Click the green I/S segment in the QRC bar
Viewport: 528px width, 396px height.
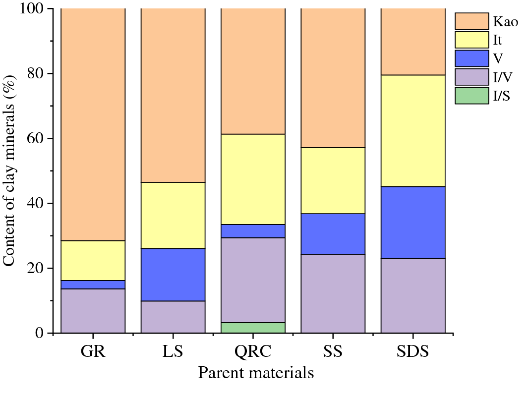[253, 328]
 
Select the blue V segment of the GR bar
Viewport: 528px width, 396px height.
[93, 284]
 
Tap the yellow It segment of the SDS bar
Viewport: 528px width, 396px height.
[412, 131]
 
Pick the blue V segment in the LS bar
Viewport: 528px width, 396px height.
[173, 275]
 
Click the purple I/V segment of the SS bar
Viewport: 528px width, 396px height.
[333, 293]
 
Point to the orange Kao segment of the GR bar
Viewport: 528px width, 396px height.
[93, 124]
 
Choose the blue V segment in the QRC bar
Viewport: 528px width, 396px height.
[253, 231]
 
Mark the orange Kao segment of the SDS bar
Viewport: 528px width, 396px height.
[412, 42]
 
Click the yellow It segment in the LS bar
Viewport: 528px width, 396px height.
[173, 215]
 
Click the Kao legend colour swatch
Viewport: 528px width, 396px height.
[471, 21]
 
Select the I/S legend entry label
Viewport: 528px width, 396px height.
[501, 96]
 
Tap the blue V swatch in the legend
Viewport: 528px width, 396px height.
[471, 58]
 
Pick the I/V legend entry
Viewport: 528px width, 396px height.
[501, 77]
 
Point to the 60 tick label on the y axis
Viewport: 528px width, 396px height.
[33, 138]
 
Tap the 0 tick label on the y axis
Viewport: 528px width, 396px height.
[39, 333]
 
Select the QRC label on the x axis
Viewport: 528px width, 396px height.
[253, 351]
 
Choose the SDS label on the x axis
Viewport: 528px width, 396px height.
[412, 351]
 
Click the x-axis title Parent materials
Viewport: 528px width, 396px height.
[256, 373]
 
